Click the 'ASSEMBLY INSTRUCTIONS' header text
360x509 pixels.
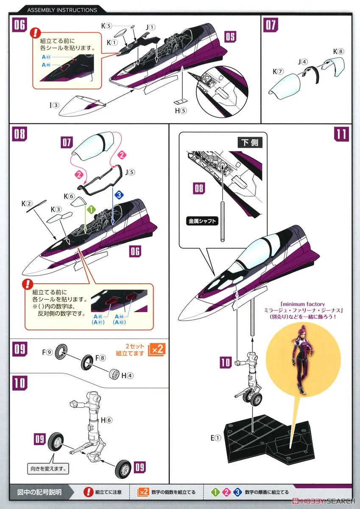62,10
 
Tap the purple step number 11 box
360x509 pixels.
341,134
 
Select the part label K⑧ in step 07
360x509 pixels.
338,52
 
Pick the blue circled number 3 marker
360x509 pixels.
119,195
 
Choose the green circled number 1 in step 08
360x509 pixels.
91,210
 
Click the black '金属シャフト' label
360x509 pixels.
202,221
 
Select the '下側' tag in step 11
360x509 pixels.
250,143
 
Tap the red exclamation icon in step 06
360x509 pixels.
36,33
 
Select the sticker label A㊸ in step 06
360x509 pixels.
46,57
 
